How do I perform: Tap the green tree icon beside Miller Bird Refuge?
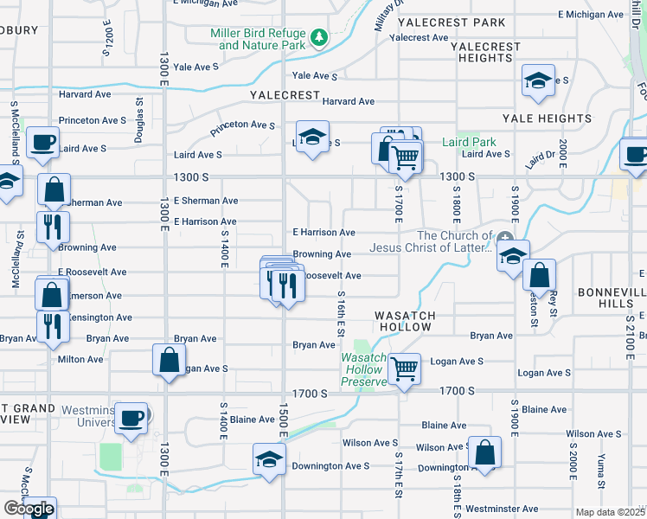click(x=319, y=37)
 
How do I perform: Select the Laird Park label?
click(x=469, y=142)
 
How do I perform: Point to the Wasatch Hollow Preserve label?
click(x=363, y=369)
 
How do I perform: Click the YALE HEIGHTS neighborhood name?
click(x=551, y=119)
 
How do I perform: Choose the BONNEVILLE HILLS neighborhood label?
click(x=612, y=299)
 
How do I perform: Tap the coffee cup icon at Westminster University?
click(x=132, y=418)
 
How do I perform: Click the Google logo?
click(x=29, y=509)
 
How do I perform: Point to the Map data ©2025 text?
click(x=610, y=512)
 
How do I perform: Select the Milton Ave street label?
click(x=80, y=359)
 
